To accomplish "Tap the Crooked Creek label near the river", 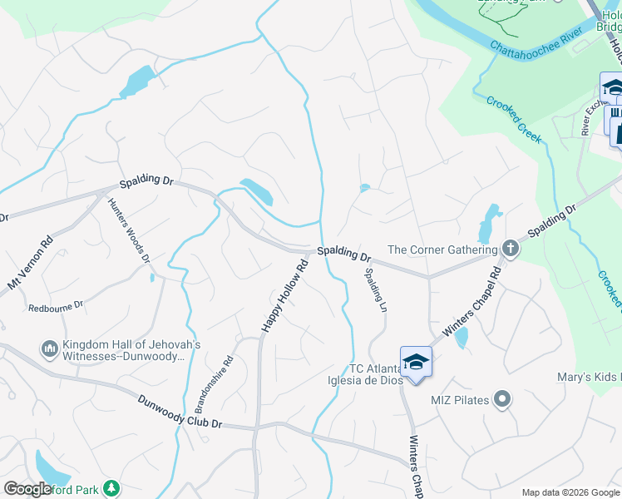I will [x=514, y=118].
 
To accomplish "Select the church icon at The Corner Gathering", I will [x=511, y=249].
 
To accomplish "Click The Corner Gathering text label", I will [x=443, y=249].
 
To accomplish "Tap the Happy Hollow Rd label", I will [x=285, y=295].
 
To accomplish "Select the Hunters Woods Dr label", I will [x=131, y=230].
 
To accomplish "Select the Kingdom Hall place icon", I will [x=48, y=347].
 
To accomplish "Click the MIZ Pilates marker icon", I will [x=501, y=401].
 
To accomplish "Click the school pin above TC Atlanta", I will [x=416, y=363].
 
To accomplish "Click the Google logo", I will [x=27, y=489].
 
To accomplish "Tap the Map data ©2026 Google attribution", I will [x=570, y=492].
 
